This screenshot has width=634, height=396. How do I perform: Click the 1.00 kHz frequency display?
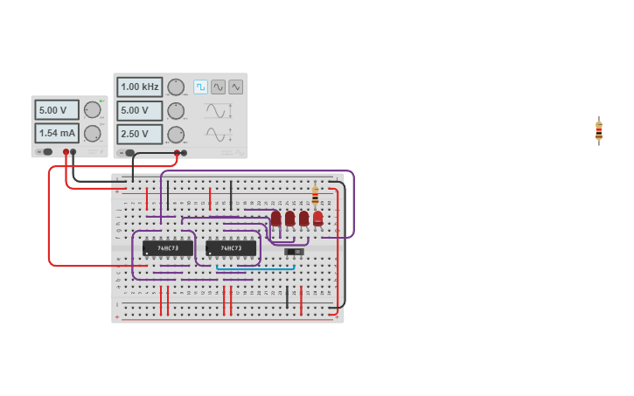click(x=139, y=87)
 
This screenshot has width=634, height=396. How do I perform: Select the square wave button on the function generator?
click(x=200, y=87)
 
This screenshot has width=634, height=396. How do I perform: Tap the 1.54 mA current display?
click(x=57, y=133)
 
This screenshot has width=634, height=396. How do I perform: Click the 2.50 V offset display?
click(x=139, y=134)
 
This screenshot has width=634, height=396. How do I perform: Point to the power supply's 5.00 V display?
click(x=57, y=110)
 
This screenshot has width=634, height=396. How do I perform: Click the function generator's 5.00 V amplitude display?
click(x=139, y=110)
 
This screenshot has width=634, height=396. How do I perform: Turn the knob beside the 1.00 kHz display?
click(x=176, y=87)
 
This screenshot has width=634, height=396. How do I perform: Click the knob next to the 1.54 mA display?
click(x=92, y=133)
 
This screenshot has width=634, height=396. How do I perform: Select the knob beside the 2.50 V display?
click(x=176, y=134)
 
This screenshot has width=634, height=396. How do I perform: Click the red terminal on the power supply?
click(x=66, y=152)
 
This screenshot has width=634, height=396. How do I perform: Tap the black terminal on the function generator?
click(x=129, y=153)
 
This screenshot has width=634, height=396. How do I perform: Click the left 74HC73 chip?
click(x=168, y=248)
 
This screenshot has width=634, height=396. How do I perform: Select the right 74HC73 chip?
click(x=231, y=248)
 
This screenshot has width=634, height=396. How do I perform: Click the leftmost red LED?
click(x=276, y=219)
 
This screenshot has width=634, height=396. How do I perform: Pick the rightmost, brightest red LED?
click(x=317, y=219)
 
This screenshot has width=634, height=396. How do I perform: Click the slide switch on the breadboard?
click(x=294, y=252)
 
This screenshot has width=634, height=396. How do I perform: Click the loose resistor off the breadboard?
click(x=598, y=130)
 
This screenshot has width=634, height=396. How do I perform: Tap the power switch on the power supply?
click(x=45, y=152)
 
